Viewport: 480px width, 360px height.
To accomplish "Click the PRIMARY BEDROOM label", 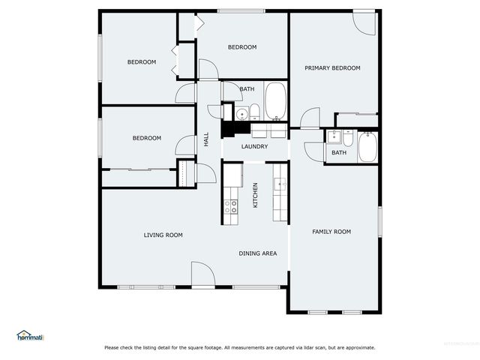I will pos(331,68).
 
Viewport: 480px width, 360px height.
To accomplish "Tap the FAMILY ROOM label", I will pos(331,232).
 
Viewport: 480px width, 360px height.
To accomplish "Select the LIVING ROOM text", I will pos(163,235).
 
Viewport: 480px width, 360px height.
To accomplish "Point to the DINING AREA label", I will pos(258,253).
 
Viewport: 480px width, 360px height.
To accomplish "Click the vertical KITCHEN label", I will pos(256,195).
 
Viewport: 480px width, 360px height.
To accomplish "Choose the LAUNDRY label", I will pos(254,146).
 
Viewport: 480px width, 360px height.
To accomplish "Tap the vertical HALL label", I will pos(206,139).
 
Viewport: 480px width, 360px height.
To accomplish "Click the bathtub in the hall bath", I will pos(275,101).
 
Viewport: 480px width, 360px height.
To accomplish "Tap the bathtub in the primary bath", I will pos(367,147).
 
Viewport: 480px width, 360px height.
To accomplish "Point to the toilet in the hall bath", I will pos(255,113).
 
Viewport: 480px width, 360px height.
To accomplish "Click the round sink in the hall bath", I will pos(241,114).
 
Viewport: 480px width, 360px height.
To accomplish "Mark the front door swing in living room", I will pos(202,274).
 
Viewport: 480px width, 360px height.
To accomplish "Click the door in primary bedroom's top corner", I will pos(364,23).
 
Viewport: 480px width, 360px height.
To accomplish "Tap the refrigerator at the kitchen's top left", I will pos(232,175).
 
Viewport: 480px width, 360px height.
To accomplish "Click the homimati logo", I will pos(30,335).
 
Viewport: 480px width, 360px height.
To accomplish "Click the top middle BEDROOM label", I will pos(242,47).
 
